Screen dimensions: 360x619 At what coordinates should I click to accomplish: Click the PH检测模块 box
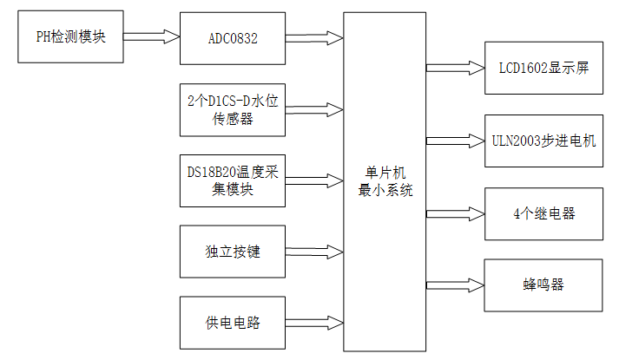click(x=72, y=37)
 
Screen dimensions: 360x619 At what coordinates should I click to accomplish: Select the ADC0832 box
click(x=233, y=39)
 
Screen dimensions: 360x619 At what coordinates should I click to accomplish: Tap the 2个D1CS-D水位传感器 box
click(x=233, y=109)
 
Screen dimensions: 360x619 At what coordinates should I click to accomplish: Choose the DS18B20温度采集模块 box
click(x=233, y=180)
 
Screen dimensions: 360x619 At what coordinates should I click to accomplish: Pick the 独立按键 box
click(x=233, y=252)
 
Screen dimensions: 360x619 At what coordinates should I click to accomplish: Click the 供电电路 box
click(x=233, y=323)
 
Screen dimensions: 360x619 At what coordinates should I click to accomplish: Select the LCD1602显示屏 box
click(x=543, y=67)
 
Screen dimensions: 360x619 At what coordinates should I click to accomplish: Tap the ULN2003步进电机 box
click(x=543, y=139)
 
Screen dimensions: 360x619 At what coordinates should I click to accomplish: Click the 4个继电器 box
click(x=543, y=213)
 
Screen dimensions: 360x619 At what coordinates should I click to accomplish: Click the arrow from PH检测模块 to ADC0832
click(x=152, y=37)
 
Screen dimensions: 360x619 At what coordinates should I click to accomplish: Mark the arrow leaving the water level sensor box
click(x=314, y=109)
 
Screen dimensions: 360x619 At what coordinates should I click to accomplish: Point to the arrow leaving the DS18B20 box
click(x=314, y=180)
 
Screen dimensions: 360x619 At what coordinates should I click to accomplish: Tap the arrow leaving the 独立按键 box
click(x=314, y=252)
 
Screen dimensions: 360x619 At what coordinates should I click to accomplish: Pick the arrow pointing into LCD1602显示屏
click(x=456, y=67)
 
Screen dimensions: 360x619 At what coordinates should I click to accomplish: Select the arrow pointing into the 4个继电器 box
click(x=456, y=213)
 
